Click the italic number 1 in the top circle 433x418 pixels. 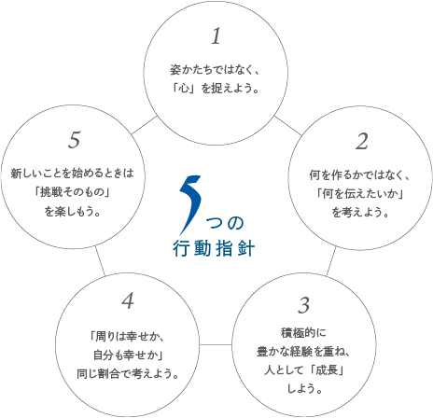coord(216,35)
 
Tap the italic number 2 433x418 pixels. coord(362,141)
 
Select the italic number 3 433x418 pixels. coord(303,305)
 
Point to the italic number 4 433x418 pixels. coord(128,301)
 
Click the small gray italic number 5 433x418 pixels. coord(74,139)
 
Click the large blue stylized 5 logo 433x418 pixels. coord(190,205)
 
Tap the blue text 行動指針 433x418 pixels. coord(214,248)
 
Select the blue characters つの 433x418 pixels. coord(225,223)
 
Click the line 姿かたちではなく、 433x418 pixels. coord(215,70)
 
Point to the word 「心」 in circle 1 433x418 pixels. coord(184,89)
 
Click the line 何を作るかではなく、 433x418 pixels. coord(360,175)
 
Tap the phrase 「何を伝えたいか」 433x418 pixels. coord(360,194)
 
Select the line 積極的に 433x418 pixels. coord(303,333)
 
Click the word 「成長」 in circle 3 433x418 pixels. coord(328,370)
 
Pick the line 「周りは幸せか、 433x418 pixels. coord(127,336)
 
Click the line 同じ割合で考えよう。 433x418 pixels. coord(128,373)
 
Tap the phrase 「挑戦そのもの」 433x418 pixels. coord(73,192)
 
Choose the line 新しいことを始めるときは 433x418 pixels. coord(73,174)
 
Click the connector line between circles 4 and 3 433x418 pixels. coord(216,344)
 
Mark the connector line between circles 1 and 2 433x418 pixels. coord(287,126)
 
